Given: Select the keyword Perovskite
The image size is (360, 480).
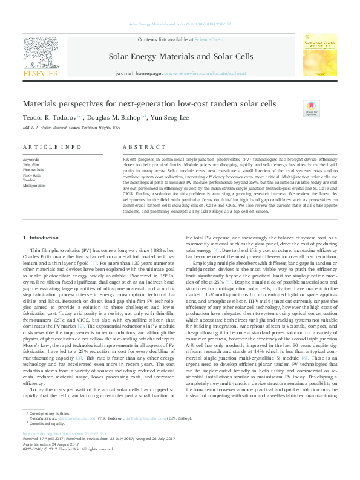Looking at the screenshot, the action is (x=33, y=175).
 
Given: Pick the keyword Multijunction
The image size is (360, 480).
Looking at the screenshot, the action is (x=34, y=186).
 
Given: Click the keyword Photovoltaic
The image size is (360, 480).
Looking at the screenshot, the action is (x=34, y=170).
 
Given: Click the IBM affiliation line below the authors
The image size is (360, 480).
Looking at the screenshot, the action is (x=71, y=128).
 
